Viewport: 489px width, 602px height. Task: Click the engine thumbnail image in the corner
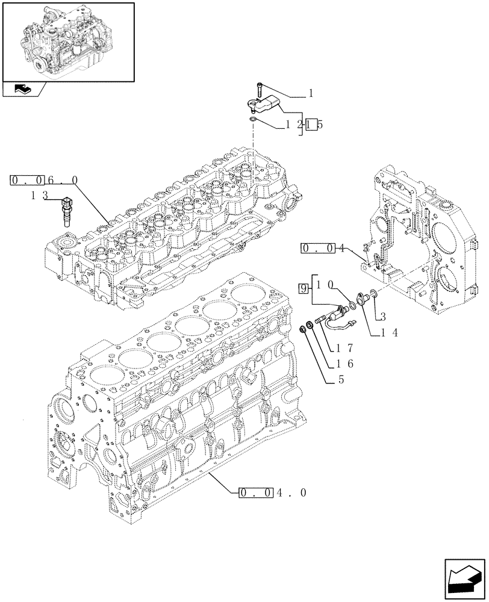coord(68,41)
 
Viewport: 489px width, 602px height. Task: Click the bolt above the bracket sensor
coord(258,89)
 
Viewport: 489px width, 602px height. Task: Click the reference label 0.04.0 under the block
coord(273,493)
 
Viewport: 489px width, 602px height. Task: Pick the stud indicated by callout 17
coord(320,320)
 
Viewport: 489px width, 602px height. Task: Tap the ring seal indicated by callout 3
coord(373,293)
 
